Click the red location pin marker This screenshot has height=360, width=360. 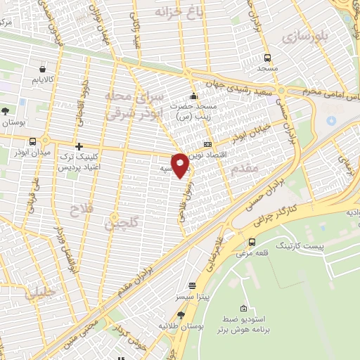pos(180,165)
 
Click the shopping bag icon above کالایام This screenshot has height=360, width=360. pos(44,70)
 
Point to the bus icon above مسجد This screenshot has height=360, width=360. pos(267,58)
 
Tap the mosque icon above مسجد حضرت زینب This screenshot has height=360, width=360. pos(193,97)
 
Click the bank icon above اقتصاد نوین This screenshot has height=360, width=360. pos(207,143)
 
